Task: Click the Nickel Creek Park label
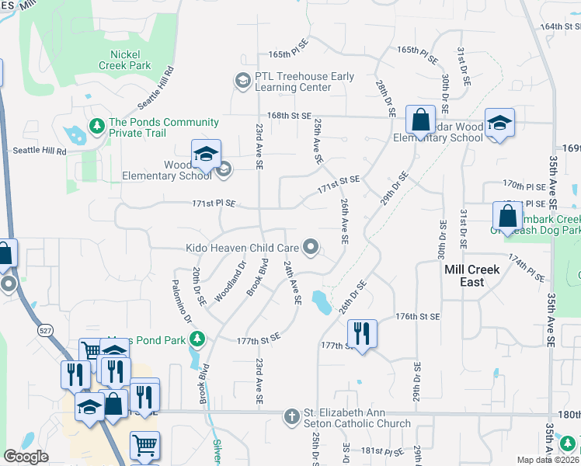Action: (x=124, y=61)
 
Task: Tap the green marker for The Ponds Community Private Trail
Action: (x=97, y=125)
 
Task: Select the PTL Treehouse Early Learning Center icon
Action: (x=242, y=80)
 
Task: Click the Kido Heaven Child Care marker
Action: (x=311, y=248)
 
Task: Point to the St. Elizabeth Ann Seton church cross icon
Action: (x=291, y=416)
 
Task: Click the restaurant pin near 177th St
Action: (x=362, y=334)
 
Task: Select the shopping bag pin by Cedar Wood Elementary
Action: (x=420, y=121)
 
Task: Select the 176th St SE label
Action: (x=417, y=317)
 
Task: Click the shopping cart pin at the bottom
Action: (x=144, y=446)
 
